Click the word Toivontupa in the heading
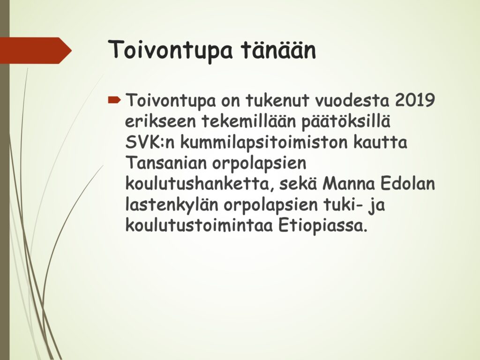pyautogui.click(x=170, y=51)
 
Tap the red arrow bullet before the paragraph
pyautogui.click(x=115, y=99)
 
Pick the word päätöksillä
pyautogui.click(x=346, y=121)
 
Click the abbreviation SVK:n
pyautogui.click(x=150, y=142)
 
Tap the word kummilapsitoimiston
pyautogui.click(x=264, y=142)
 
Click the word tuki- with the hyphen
pyautogui.click(x=346, y=205)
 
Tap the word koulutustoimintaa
pyautogui.click(x=199, y=226)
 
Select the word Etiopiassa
pyautogui.click(x=322, y=226)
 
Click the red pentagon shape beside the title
pyautogui.click(x=36, y=51)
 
